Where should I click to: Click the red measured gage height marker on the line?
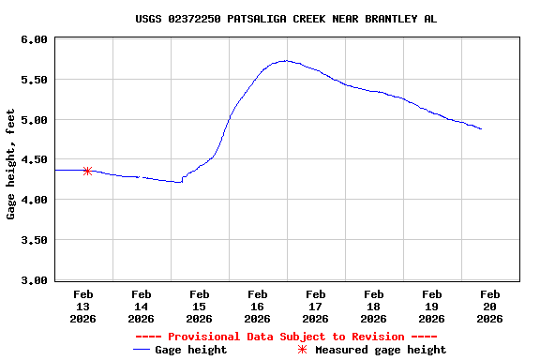tap(87, 171)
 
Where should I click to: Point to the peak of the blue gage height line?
tap(285, 61)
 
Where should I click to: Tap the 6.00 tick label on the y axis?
tap(34, 39)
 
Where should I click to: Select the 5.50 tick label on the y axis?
tap(34, 80)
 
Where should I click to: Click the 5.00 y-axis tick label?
tap(34, 120)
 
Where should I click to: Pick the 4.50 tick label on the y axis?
tap(34, 160)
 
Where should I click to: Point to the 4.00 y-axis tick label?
tap(34, 200)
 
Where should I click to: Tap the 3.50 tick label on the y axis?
tap(34, 240)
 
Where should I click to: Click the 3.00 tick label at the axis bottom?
tap(34, 280)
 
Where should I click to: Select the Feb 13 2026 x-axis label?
tap(83, 306)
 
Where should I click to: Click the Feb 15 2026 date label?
tap(199, 306)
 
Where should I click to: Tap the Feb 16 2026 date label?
tap(257, 306)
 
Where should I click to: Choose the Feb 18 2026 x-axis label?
tap(373, 306)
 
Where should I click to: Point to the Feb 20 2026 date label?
tap(489, 306)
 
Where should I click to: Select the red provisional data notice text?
tap(285, 337)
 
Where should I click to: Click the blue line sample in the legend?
tap(142, 350)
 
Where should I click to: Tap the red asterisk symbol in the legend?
tap(302, 350)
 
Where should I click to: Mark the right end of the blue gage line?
tap(481, 128)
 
